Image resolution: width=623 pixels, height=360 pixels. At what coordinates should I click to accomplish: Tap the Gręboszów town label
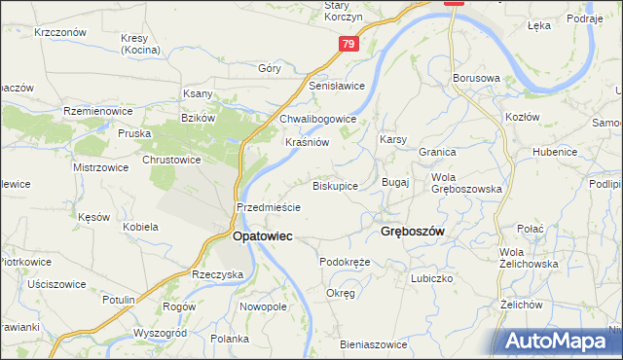(411, 232)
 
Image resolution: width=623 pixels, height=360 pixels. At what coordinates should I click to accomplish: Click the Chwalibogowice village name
(318, 119)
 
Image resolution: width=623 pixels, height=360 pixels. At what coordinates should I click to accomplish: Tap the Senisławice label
(337, 86)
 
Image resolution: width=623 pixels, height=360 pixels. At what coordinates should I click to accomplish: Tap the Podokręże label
(346, 262)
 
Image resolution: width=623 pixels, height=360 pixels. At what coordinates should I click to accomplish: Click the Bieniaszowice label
(373, 344)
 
